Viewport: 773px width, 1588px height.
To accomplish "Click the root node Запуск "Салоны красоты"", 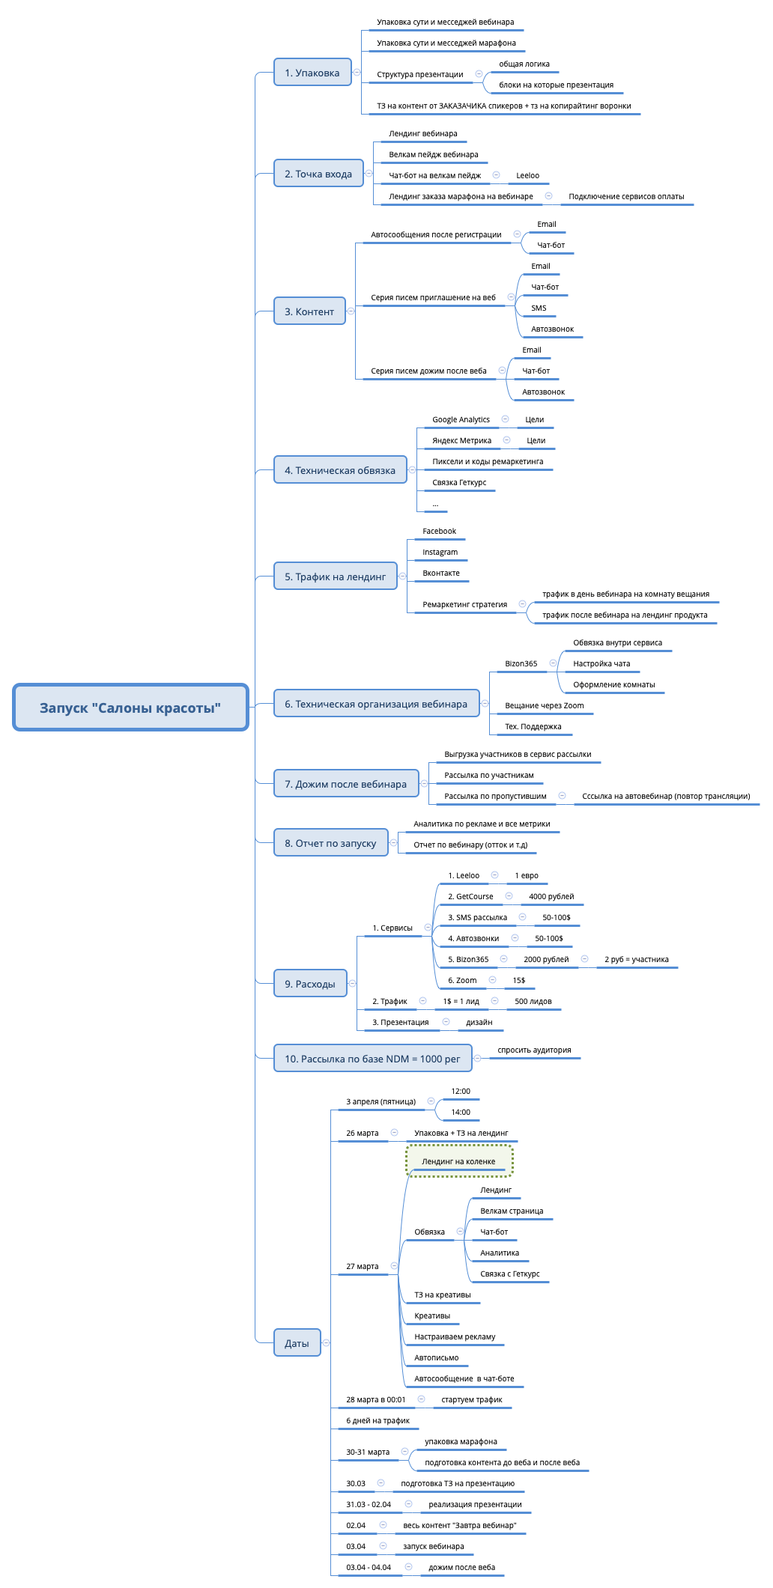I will (x=130, y=708).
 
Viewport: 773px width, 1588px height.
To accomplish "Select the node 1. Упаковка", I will (x=312, y=73).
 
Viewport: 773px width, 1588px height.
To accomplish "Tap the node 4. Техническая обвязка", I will (x=340, y=470).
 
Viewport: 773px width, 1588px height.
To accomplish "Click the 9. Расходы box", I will (x=310, y=984).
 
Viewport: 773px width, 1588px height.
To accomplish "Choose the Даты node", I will (x=297, y=1343).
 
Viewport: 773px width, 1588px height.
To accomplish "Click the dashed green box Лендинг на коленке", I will (x=458, y=1161).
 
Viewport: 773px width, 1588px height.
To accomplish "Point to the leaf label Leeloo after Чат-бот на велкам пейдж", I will (x=527, y=175).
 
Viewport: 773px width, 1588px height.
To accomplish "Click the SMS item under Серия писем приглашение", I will (x=539, y=308).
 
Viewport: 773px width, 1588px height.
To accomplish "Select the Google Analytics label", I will (x=461, y=419).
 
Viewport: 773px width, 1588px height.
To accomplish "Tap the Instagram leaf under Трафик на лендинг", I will (x=440, y=552).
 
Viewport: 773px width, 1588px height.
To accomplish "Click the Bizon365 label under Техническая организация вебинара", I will (x=521, y=663).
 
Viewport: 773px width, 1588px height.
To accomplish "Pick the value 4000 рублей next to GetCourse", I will (x=551, y=896).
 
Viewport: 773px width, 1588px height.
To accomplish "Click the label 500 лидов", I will (x=533, y=1001).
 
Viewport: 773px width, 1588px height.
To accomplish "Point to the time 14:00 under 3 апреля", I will (x=461, y=1112).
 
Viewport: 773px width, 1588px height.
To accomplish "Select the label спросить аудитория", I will (x=534, y=1050).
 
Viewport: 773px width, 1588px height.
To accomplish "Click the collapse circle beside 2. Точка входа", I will (x=369, y=173).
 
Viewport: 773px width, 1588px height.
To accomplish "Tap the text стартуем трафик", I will (x=472, y=1399).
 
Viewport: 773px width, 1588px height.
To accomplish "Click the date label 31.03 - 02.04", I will (x=369, y=1504).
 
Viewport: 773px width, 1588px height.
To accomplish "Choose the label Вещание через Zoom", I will (x=544, y=705).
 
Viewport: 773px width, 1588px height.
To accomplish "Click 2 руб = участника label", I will (x=637, y=959).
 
